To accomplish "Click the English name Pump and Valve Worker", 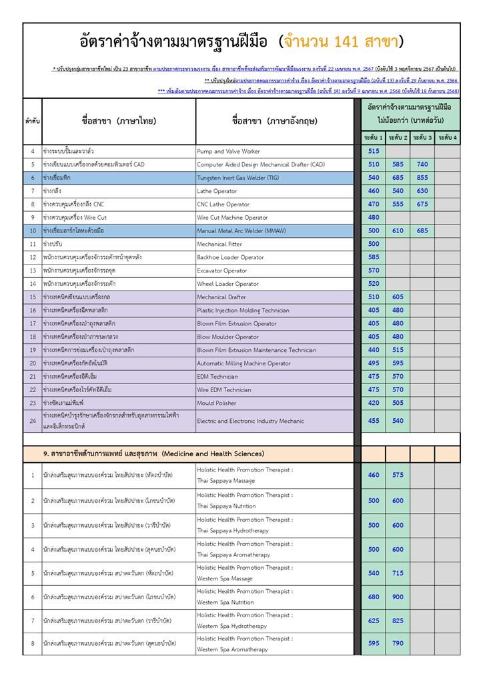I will pyautogui.click(x=228, y=152).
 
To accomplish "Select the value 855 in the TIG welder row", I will pyautogui.click(x=422, y=178).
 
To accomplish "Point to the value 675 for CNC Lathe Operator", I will pyautogui.click(x=422, y=204).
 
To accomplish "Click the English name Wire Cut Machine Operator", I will pyautogui.click(x=232, y=218).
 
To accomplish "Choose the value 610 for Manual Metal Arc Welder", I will pyautogui.click(x=398, y=230).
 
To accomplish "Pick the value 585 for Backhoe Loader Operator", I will pyautogui.click(x=374, y=257).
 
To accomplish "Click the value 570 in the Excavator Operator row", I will pyautogui.click(x=374, y=271).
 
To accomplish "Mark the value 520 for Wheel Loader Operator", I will pyautogui.click(x=374, y=284).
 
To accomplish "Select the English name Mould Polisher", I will pyautogui.click(x=217, y=403).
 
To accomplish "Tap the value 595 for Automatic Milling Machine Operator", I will pyautogui.click(x=398, y=363).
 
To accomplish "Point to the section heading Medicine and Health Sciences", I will pyautogui.click(x=153, y=454).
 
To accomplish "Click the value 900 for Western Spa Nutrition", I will pyautogui.click(x=398, y=597).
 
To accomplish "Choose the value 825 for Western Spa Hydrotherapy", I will pyautogui.click(x=398, y=621).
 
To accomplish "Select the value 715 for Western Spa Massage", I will pyautogui.click(x=398, y=573).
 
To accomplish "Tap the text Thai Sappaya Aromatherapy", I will pyautogui.click(x=233, y=555).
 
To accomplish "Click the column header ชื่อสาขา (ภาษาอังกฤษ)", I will pyautogui.click(x=275, y=121).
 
